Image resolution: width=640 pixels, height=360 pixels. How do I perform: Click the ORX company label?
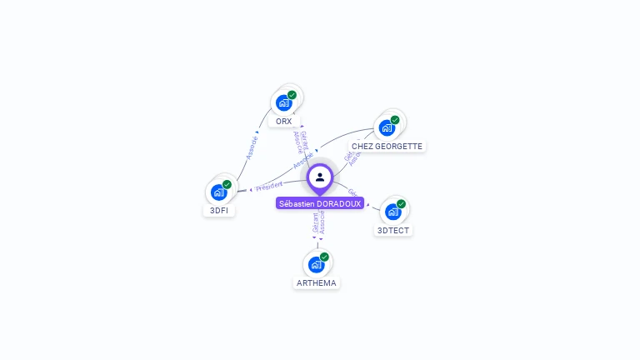point(284,122)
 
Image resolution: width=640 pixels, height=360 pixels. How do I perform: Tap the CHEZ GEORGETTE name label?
point(387,147)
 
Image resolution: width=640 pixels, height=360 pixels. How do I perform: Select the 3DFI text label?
point(219,211)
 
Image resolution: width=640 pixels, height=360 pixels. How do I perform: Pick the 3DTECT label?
point(393,231)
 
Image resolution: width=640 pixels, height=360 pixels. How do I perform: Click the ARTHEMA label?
point(317,283)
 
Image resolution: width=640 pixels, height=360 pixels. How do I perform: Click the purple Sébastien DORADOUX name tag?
point(320,203)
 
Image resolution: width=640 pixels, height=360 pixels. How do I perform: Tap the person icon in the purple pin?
point(320,177)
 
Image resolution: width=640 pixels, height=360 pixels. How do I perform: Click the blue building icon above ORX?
point(283,103)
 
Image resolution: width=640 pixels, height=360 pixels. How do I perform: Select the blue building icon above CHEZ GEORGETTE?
point(387,128)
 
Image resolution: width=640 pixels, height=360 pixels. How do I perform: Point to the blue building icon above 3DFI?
point(218,192)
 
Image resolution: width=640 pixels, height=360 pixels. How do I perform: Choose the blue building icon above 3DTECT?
point(393,212)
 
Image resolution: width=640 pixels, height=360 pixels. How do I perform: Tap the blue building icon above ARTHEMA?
point(316,265)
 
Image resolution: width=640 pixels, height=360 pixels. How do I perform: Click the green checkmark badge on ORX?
point(292,95)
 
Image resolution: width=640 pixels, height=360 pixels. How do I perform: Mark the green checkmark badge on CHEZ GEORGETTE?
point(395,120)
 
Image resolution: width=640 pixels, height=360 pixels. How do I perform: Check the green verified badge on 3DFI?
point(227,184)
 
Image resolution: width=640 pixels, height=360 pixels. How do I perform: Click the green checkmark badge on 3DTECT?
point(401,204)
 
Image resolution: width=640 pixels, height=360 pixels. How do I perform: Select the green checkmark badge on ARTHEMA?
point(324,257)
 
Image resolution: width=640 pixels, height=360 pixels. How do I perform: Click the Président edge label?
point(269,185)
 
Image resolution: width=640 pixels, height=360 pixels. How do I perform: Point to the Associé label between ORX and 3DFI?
point(251,147)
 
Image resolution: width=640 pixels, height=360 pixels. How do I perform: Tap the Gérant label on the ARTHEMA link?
point(315,222)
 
